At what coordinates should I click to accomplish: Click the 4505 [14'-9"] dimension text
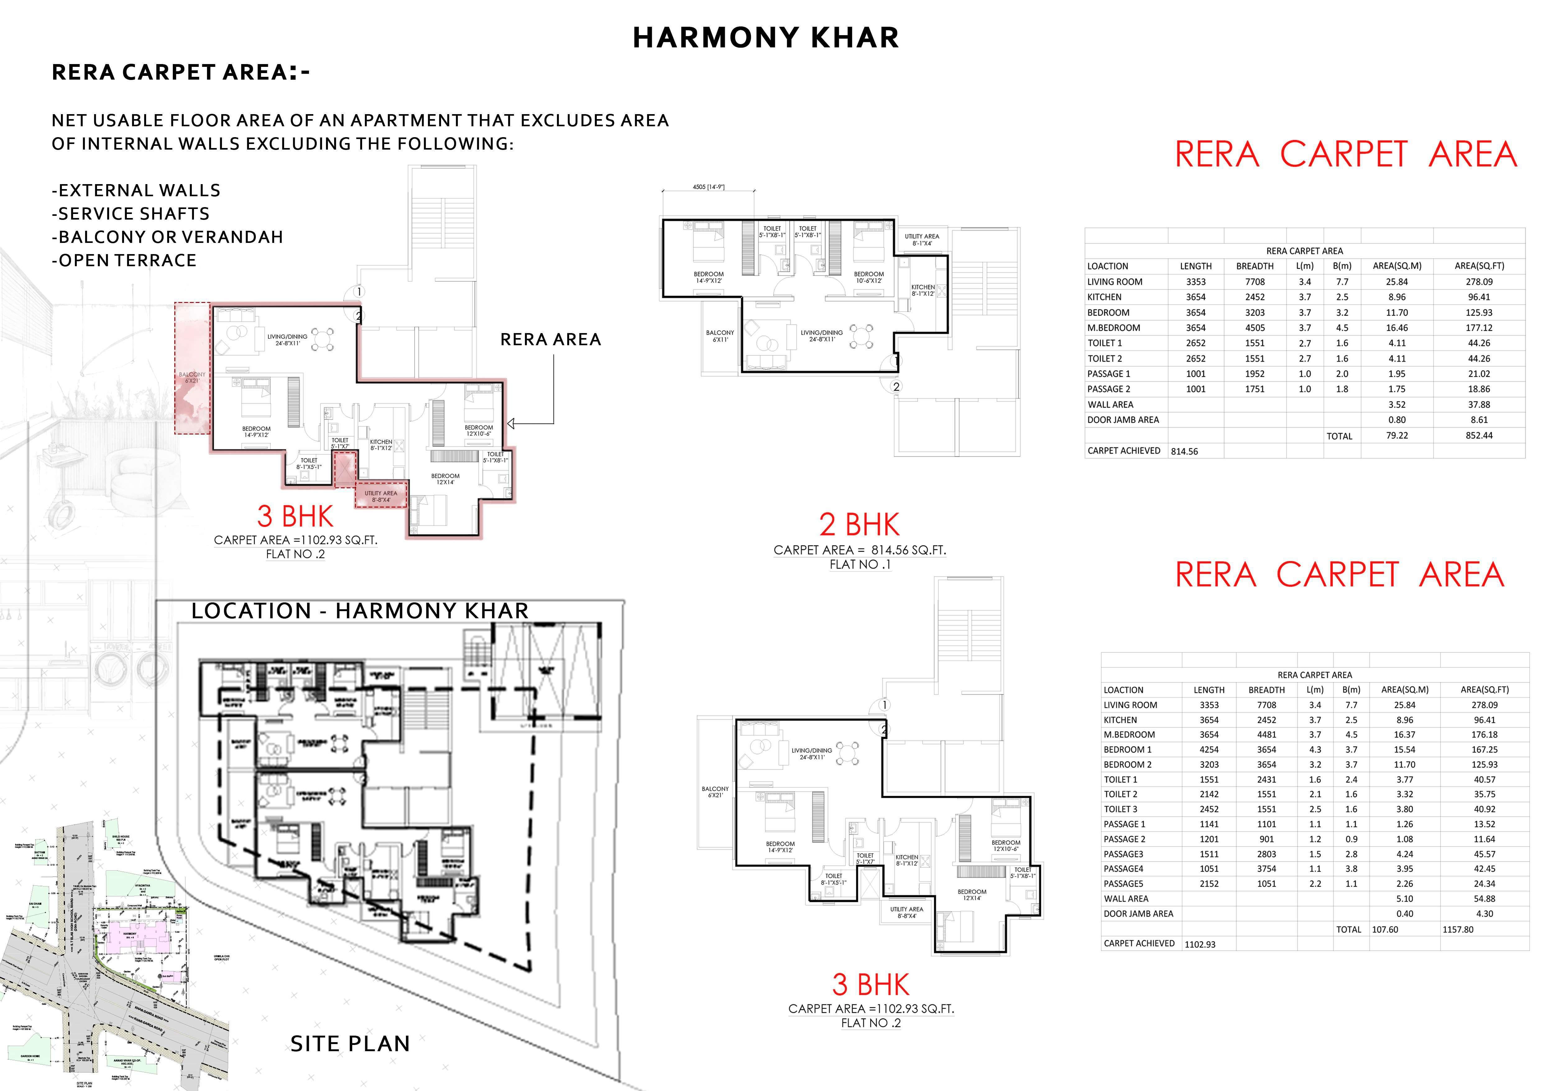pyautogui.click(x=709, y=188)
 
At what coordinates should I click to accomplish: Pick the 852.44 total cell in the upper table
pyautogui.click(x=1479, y=435)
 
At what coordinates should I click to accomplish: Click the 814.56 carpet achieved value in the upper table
pyautogui.click(x=1184, y=452)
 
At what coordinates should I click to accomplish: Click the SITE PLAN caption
pyautogui.click(x=350, y=1043)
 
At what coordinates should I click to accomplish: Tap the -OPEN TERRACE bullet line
pyautogui.click(x=124, y=260)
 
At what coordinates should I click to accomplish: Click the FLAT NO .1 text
pyautogui.click(x=860, y=565)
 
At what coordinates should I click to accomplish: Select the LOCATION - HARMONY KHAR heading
pyautogui.click(x=360, y=611)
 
